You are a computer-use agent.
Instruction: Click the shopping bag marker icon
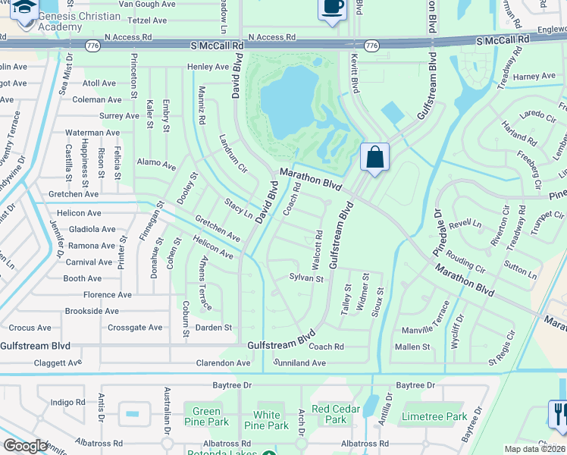[374, 158]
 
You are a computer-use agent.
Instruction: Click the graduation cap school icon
[24, 8]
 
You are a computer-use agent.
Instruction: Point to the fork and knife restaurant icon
[558, 414]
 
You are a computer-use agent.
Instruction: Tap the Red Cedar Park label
[335, 409]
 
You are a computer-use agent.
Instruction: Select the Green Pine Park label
[206, 416]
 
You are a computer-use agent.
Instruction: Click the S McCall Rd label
[216, 46]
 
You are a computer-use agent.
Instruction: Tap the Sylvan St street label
[306, 279]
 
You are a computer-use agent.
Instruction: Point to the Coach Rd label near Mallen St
[326, 347]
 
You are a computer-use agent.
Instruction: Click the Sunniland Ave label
[300, 363]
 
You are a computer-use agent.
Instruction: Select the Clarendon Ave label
[222, 363]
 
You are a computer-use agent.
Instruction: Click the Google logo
[24, 446]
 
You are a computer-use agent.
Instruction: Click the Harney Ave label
[534, 77]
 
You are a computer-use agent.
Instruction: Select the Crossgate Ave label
[135, 328]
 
